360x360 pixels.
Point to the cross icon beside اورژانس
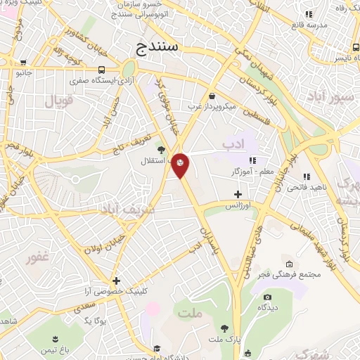click(238, 193)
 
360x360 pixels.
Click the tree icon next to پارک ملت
click(224, 328)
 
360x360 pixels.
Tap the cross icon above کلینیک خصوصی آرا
click(117, 280)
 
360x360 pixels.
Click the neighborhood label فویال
click(59, 101)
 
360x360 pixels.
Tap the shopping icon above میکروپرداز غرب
click(212, 96)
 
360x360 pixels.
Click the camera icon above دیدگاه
click(268, 297)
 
